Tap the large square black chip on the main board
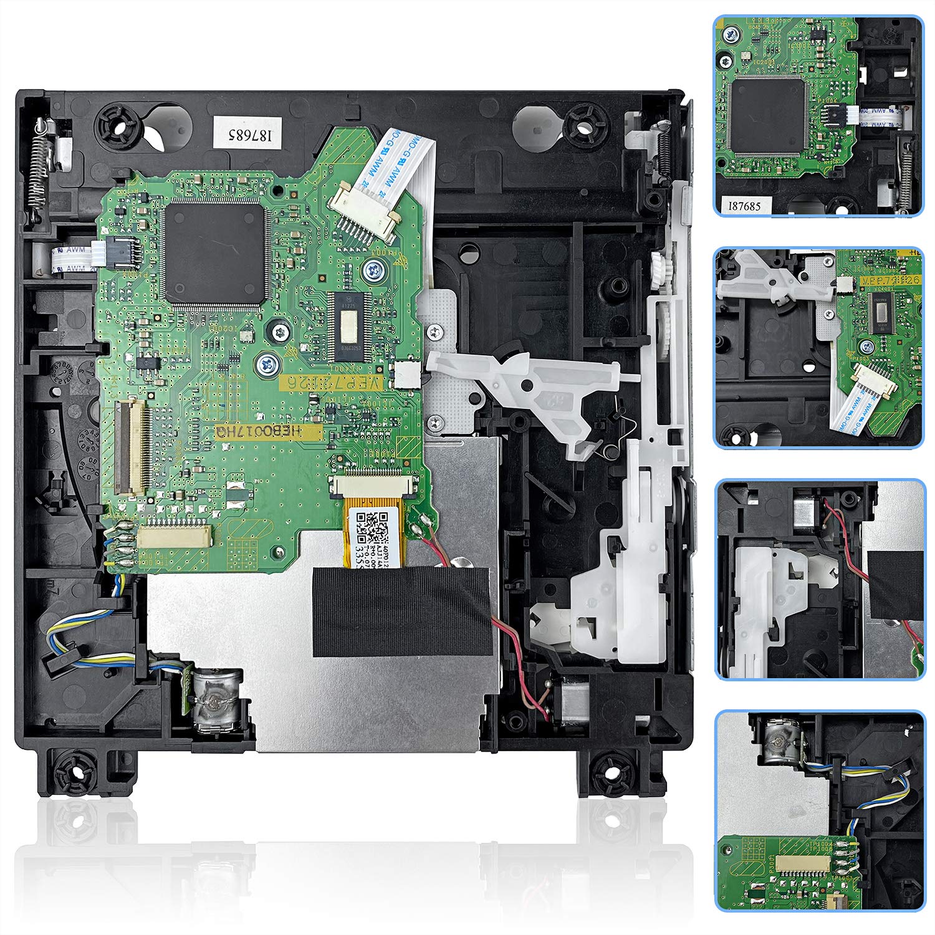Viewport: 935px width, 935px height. click(x=214, y=254)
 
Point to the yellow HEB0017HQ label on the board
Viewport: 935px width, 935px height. click(x=268, y=431)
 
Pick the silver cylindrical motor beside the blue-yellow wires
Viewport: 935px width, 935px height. click(x=216, y=698)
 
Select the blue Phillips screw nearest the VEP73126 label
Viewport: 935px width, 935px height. click(x=269, y=361)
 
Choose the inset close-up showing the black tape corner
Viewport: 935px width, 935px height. click(x=818, y=579)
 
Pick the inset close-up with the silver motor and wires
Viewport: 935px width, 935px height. click(x=818, y=811)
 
